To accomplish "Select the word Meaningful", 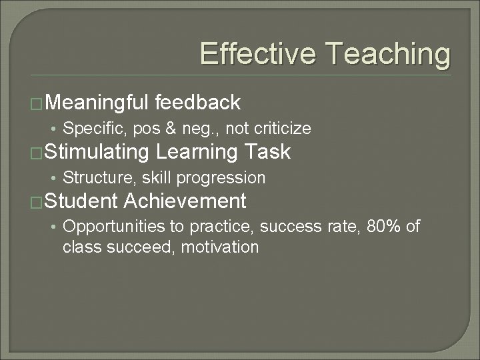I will (98, 103).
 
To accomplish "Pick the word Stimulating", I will (98, 152).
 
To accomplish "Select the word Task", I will (267, 152).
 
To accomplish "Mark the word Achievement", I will (185, 201).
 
